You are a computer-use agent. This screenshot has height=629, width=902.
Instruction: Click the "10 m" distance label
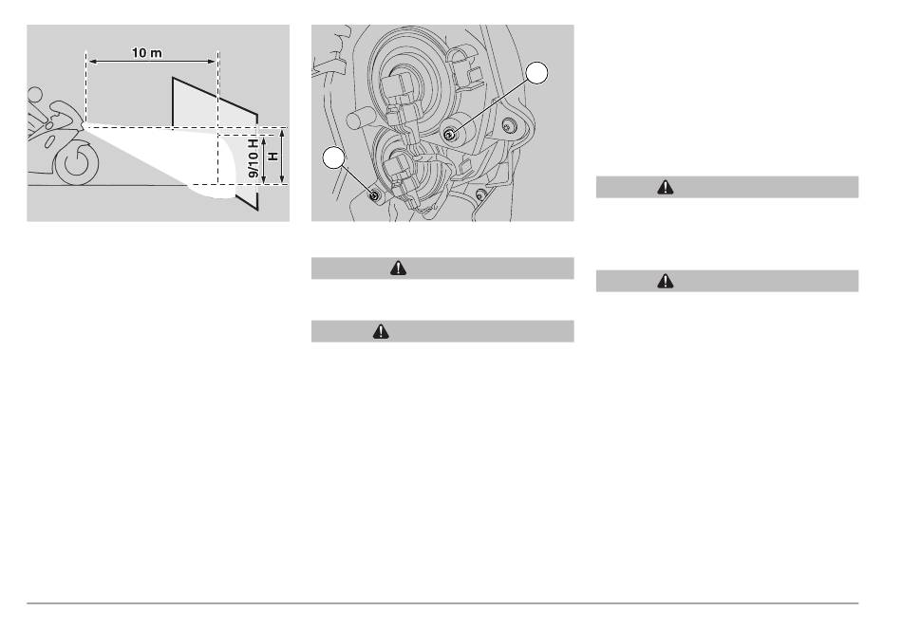[x=146, y=53]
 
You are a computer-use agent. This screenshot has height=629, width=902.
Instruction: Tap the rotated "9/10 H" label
[x=254, y=157]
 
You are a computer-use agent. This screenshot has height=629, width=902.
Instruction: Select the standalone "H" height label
[x=272, y=156]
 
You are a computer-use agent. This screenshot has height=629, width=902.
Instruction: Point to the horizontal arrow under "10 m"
[x=152, y=62]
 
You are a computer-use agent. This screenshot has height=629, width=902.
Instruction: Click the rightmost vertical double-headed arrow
[x=282, y=157]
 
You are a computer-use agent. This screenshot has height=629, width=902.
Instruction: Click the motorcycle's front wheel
[x=77, y=163]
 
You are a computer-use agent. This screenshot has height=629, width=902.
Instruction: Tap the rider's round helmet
[x=35, y=94]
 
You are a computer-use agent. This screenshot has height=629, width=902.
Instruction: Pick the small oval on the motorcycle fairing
[x=50, y=140]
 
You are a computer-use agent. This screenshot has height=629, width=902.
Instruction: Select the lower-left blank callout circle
[x=333, y=157]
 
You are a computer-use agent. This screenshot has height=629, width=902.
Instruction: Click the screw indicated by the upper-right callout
[x=449, y=135]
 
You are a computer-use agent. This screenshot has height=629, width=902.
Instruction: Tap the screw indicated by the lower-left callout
[x=374, y=196]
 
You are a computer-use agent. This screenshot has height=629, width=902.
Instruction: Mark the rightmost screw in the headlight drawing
[x=507, y=124]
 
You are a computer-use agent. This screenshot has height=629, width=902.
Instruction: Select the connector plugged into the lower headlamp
[x=401, y=175]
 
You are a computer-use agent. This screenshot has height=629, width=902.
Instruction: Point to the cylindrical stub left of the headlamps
[x=361, y=119]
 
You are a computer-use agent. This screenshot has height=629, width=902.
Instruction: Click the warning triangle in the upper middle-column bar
[x=398, y=268]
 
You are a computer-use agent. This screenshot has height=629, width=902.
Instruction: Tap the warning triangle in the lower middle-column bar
[x=381, y=331]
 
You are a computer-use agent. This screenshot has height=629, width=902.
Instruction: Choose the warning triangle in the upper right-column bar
[x=666, y=187]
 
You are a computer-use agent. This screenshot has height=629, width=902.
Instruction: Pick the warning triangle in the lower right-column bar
[x=666, y=281]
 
